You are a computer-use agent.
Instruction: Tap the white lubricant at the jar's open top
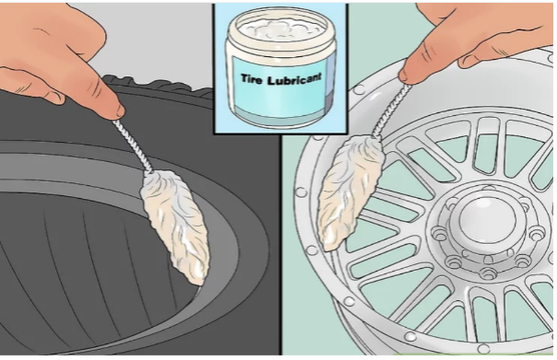(x=280, y=27)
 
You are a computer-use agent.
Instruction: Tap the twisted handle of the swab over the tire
(x=132, y=147)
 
